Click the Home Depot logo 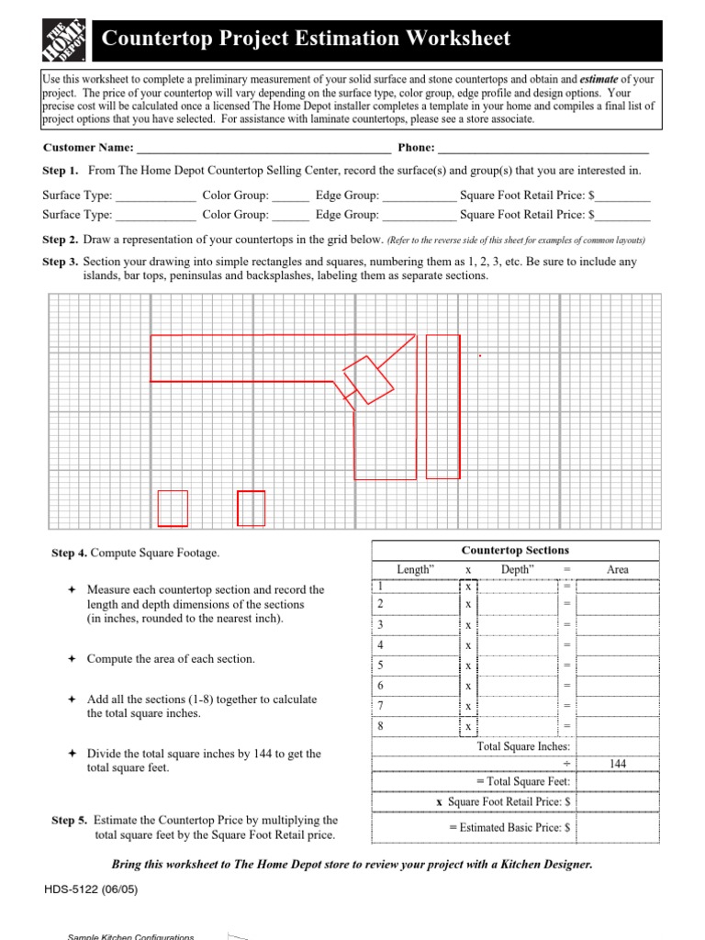tap(65, 39)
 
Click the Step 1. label tap(61, 171)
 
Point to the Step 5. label tap(70, 820)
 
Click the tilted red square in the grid tap(368, 379)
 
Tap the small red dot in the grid tap(479, 354)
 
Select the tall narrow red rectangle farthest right tap(443, 406)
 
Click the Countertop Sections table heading tap(515, 551)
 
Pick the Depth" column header tap(518, 570)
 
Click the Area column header tap(618, 570)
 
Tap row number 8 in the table tap(380, 726)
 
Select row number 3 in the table tap(380, 624)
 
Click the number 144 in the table tap(618, 764)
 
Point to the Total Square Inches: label tap(524, 746)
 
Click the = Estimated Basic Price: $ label tap(510, 827)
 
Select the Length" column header tap(414, 570)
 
